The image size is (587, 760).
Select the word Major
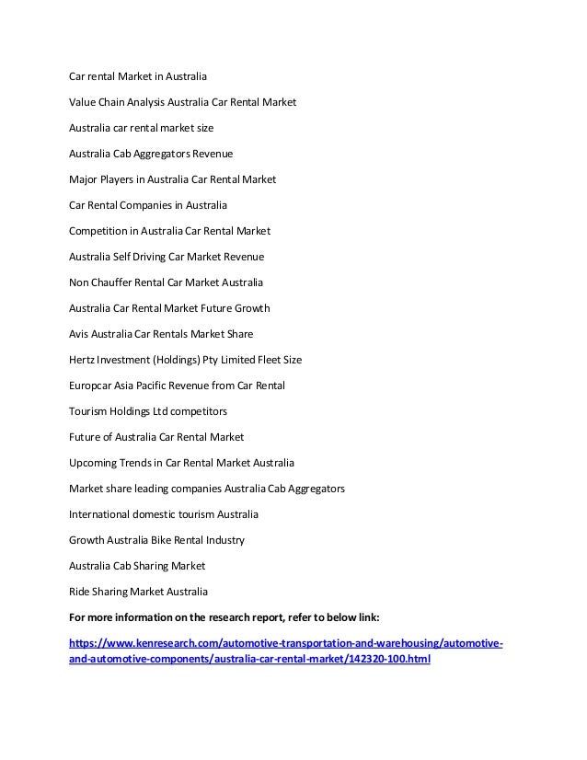84,178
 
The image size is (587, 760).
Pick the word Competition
99,230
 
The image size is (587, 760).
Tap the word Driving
146,256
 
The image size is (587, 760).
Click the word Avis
80,333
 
